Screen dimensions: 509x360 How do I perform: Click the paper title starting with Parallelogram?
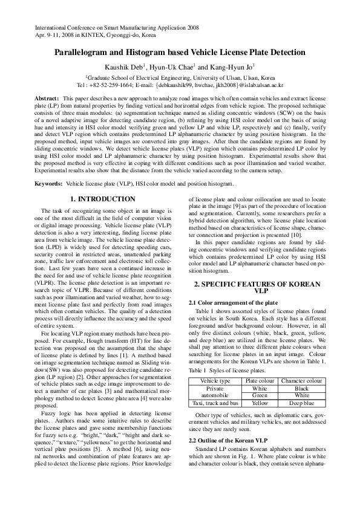click(180, 53)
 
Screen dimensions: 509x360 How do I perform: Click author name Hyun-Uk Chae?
click(182, 67)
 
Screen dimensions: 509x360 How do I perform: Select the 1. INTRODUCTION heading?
click(103, 199)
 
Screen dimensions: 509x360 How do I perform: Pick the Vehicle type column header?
click(215, 381)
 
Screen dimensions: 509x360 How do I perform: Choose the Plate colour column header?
click(260, 381)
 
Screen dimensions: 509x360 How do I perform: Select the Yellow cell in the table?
click(260, 403)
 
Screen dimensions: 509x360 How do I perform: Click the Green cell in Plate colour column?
click(260, 395)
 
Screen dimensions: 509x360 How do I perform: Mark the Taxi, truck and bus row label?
click(215, 403)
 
